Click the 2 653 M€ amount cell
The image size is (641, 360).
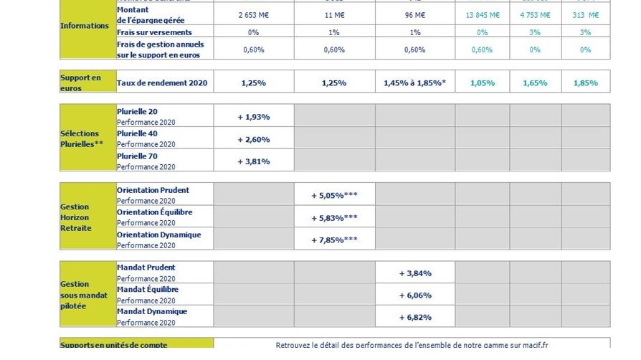pos(253,14)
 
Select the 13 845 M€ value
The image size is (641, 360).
pos(482,14)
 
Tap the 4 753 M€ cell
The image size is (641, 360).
pos(535,14)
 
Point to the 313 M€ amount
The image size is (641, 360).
pos(585,14)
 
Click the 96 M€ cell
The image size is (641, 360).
pos(414,14)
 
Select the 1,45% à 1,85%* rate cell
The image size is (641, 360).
pos(414,82)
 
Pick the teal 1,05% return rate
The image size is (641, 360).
pos(482,82)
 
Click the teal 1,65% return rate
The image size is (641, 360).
pos(535,82)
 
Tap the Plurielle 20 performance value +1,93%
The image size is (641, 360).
pos(253,116)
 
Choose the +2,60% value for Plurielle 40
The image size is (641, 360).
pos(253,139)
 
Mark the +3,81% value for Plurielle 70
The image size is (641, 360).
pos(253,161)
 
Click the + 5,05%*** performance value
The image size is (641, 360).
pos(334,195)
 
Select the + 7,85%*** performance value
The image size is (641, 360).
pos(334,240)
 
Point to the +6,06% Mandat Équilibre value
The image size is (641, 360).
pos(414,295)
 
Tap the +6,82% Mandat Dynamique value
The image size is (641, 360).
pos(414,317)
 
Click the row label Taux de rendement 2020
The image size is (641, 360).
pos(162,83)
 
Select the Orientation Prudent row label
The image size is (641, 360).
pos(153,190)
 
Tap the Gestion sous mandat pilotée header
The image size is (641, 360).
pos(84,295)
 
